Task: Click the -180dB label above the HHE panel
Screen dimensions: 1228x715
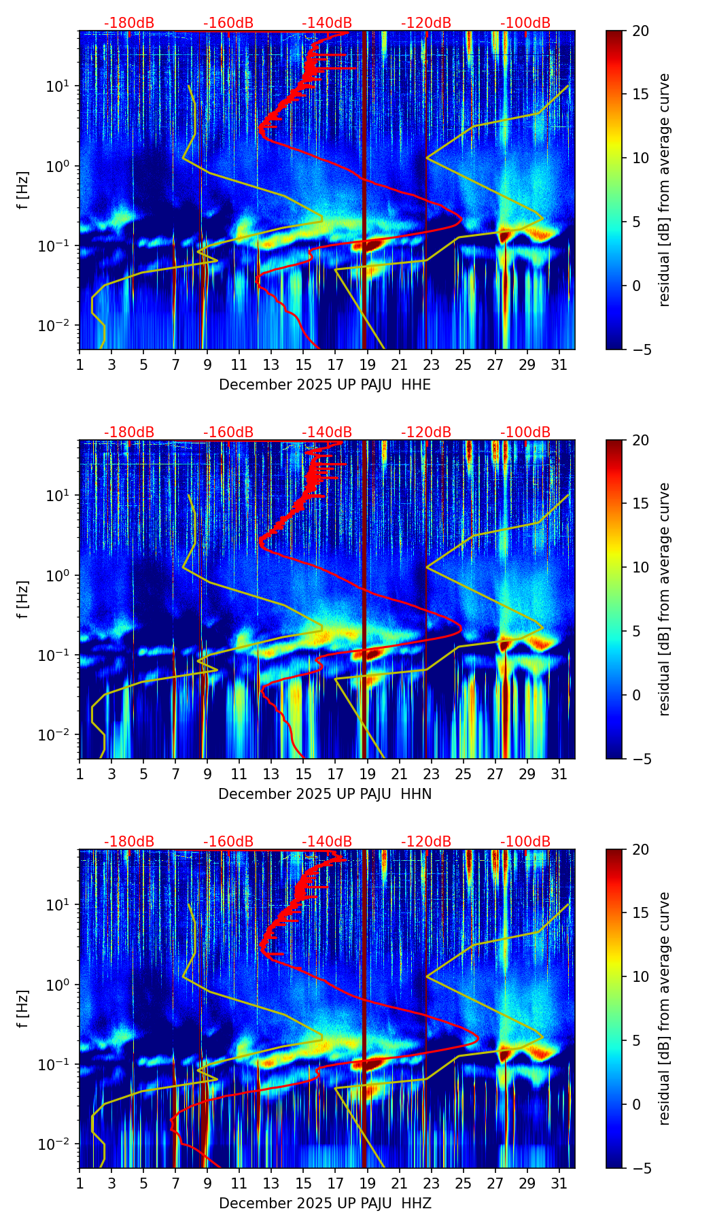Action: [129, 23]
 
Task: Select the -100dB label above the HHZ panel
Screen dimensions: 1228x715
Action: [525, 842]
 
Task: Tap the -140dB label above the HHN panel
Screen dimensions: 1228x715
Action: [327, 432]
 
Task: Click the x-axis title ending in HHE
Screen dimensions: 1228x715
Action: [325, 385]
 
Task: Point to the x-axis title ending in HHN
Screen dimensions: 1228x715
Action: [325, 794]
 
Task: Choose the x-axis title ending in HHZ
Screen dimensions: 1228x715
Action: [325, 1204]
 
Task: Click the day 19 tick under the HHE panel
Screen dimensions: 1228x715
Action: [368, 364]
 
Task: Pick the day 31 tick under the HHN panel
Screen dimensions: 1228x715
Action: [559, 774]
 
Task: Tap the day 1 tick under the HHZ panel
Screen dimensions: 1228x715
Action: [80, 1183]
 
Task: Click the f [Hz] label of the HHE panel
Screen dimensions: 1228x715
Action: [23, 190]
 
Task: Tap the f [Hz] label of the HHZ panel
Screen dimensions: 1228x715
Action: [23, 1009]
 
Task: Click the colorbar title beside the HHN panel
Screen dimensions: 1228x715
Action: [664, 599]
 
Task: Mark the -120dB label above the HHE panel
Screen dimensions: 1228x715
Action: [426, 23]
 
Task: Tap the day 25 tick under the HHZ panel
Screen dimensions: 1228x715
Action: [464, 1183]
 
